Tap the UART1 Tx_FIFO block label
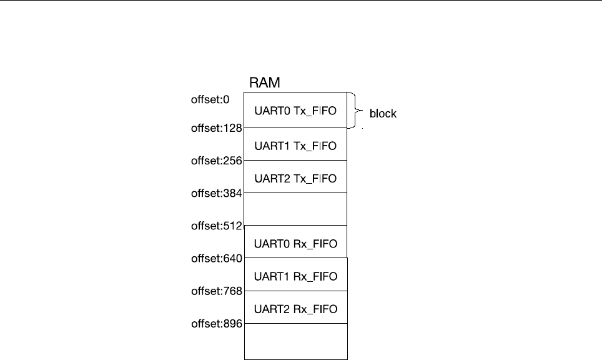click(295, 146)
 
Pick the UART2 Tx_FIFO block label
click(295, 178)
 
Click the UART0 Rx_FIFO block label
click(295, 243)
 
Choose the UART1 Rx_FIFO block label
click(295, 276)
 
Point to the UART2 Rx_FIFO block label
click(295, 308)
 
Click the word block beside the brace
click(383, 114)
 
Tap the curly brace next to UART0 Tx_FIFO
click(357, 111)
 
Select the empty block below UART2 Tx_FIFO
click(295, 209)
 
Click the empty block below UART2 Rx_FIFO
click(295, 341)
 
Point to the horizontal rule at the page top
click(301, 1)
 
